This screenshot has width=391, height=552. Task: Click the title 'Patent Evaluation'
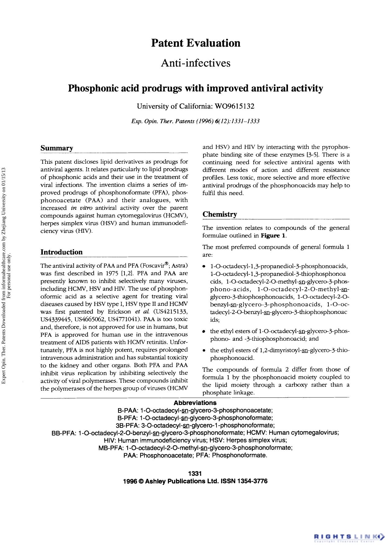pos(196,43)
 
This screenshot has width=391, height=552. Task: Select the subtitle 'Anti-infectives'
pos(196,63)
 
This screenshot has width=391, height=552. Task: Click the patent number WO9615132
pos(235,106)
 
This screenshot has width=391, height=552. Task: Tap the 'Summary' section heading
pos(57,148)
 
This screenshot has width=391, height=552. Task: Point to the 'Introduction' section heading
pos(61,252)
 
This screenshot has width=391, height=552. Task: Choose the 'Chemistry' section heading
pos(220,214)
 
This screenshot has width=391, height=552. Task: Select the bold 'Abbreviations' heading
pos(195,403)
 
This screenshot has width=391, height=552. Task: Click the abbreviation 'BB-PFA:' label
pos(64,433)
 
